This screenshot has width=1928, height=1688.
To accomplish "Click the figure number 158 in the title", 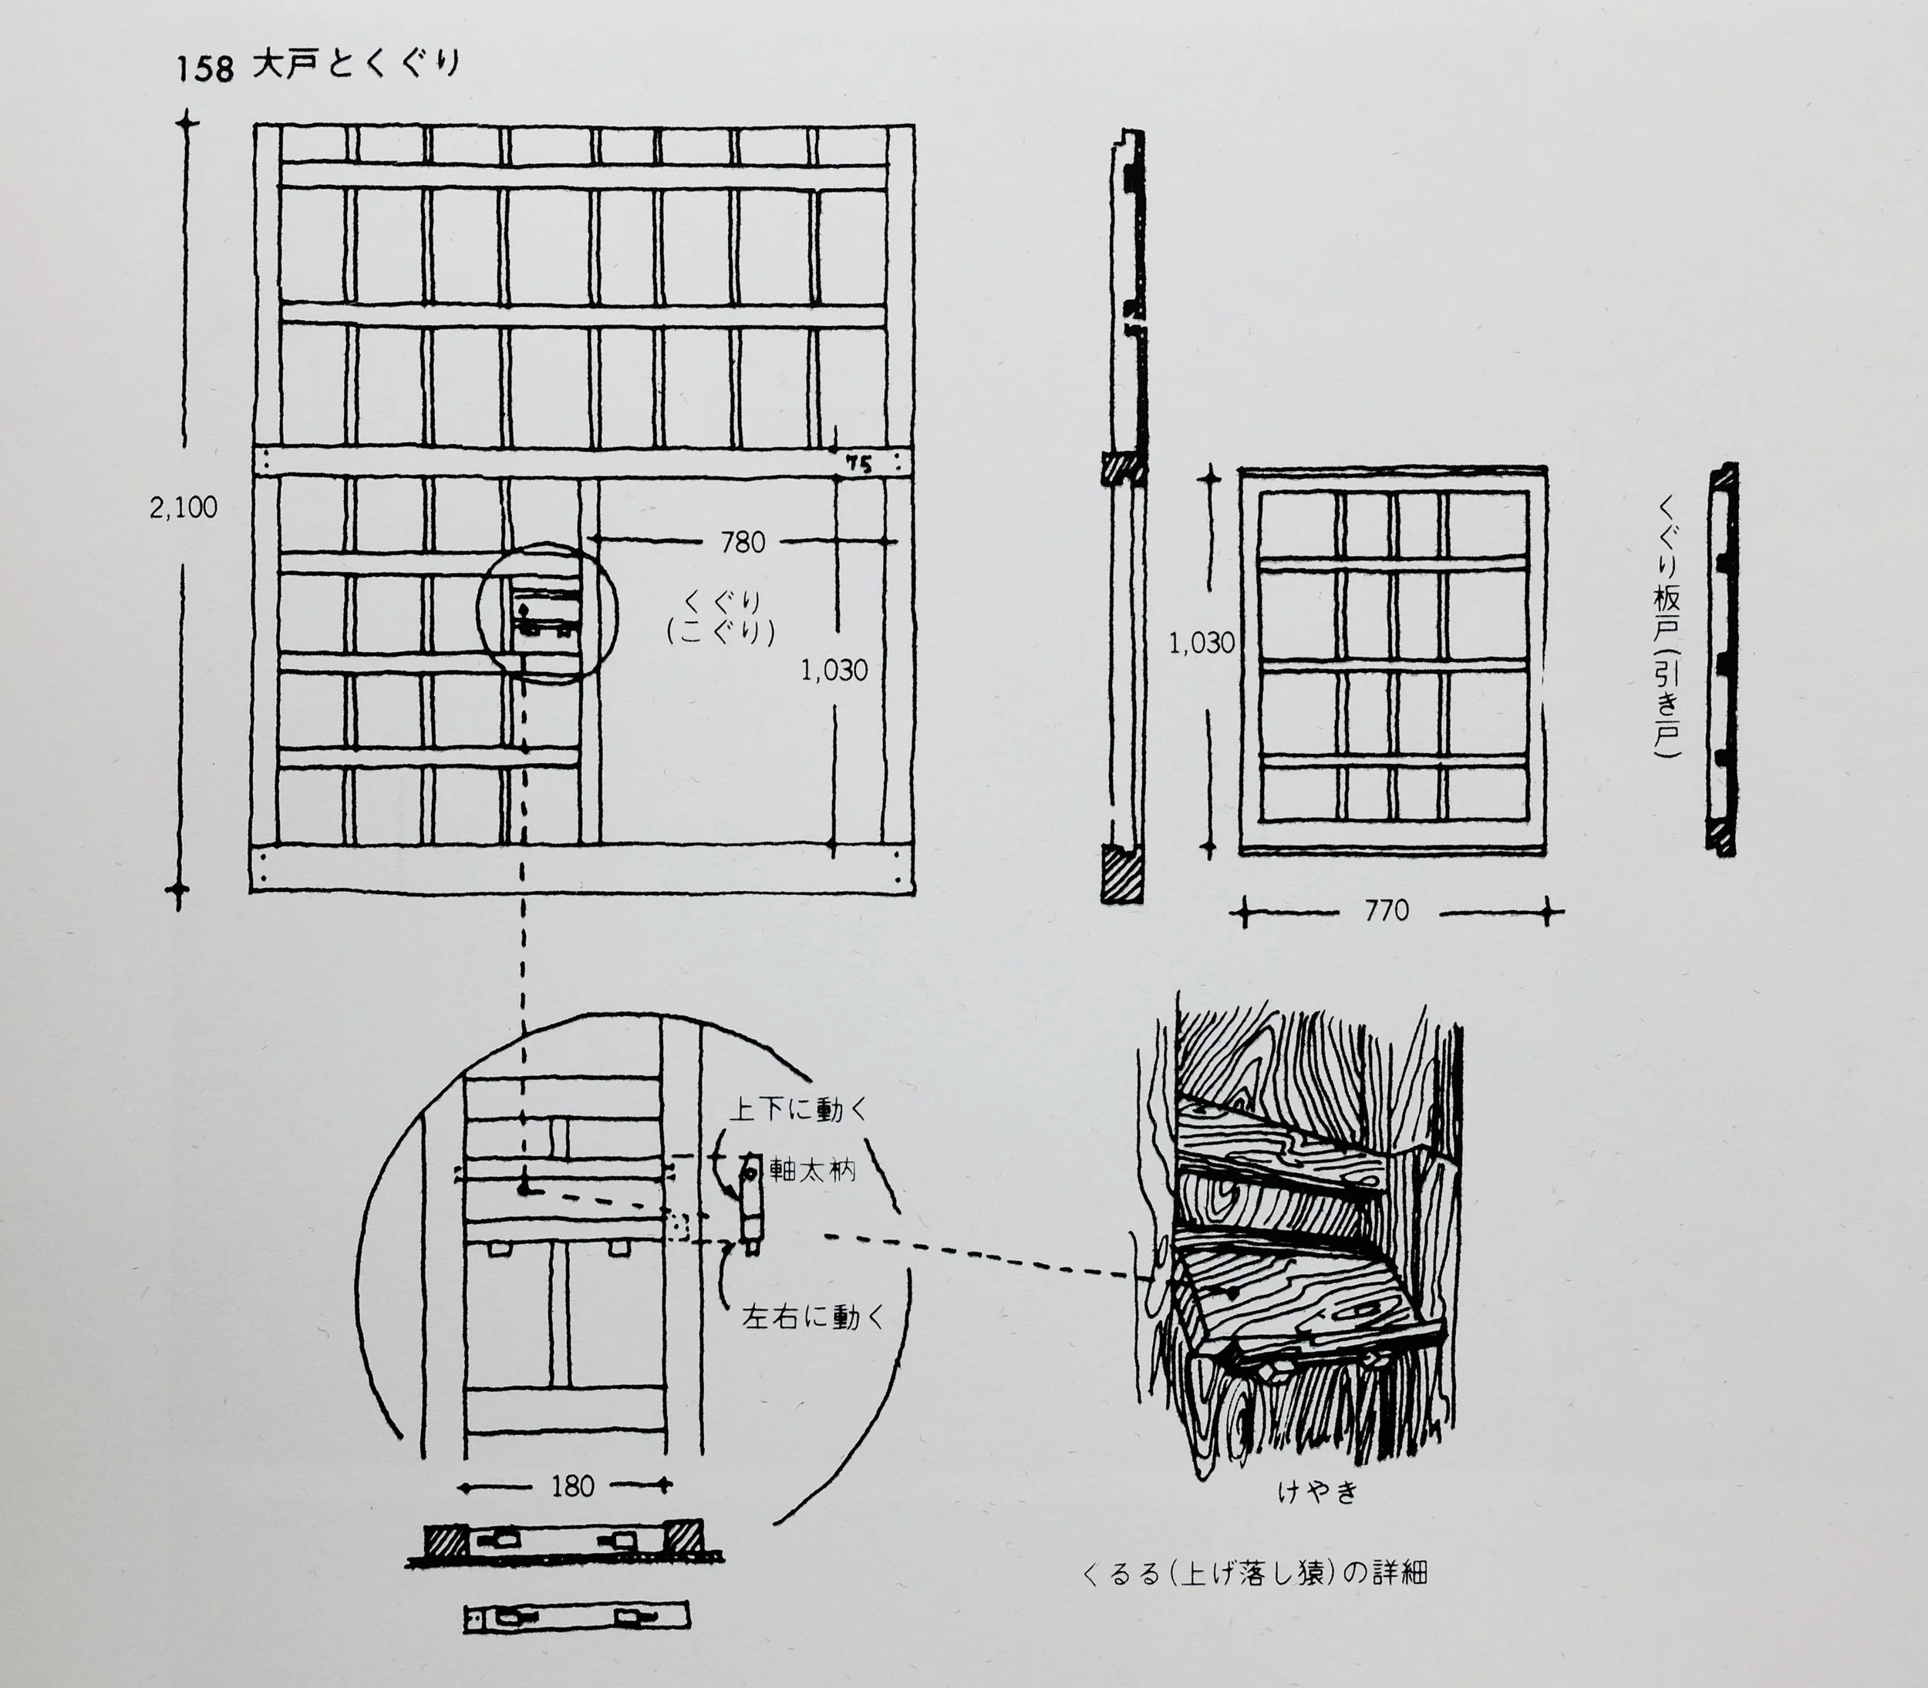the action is [x=204, y=69].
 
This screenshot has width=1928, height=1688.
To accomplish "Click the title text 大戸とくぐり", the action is [x=356, y=64].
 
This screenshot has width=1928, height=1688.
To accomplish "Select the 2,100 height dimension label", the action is [x=183, y=508].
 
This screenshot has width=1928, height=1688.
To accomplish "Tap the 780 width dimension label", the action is [x=743, y=543].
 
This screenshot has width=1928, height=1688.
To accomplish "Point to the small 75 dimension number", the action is [x=858, y=463].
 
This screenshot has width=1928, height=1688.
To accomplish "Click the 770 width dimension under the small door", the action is [x=1386, y=911].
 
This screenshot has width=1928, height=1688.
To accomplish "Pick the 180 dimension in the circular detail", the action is [x=572, y=1486].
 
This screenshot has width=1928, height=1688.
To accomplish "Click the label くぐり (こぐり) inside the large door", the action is [x=722, y=618].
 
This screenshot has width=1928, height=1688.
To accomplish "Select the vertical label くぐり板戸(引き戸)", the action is [x=1669, y=628].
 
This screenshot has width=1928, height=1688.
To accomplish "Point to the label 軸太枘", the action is [x=812, y=1171].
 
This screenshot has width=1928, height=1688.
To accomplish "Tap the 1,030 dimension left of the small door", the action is [x=1201, y=644].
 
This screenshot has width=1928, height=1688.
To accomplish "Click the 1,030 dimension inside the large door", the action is [x=834, y=671].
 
